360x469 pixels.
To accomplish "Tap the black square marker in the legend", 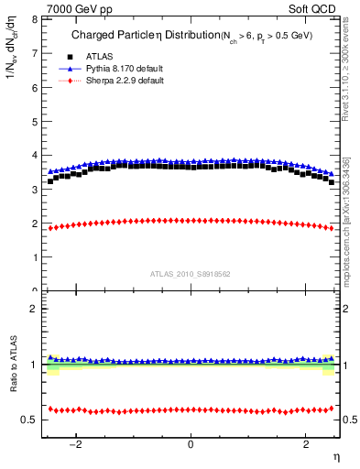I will [x=64, y=57].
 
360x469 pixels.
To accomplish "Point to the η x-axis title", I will [x=335, y=456].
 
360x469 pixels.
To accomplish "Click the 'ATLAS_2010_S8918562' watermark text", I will [x=191, y=274].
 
